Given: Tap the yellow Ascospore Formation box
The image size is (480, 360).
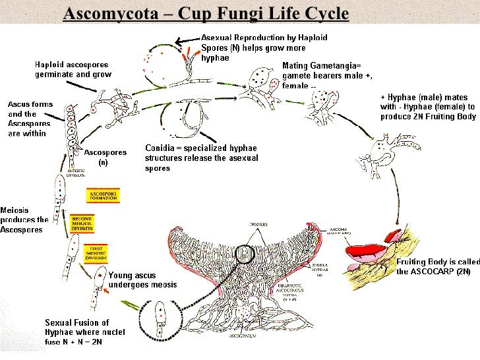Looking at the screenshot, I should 102,196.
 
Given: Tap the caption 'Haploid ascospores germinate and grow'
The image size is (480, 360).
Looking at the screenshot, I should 73,69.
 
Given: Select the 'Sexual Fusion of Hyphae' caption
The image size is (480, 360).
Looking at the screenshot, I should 85,327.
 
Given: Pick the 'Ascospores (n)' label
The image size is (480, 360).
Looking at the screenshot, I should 105,157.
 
